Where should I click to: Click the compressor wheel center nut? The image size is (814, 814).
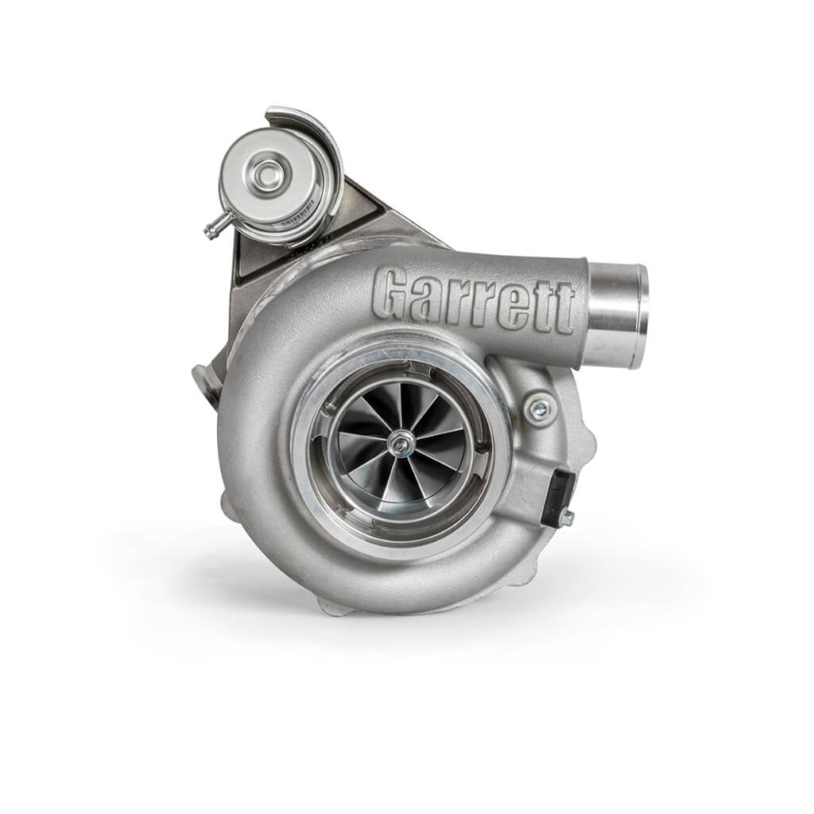tap(400, 444)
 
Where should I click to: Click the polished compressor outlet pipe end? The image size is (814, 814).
tap(628, 315)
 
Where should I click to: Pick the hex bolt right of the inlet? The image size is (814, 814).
tap(540, 408)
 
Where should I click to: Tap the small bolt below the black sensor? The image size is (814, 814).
tap(566, 518)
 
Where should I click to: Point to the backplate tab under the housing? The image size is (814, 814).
tap(334, 607)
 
